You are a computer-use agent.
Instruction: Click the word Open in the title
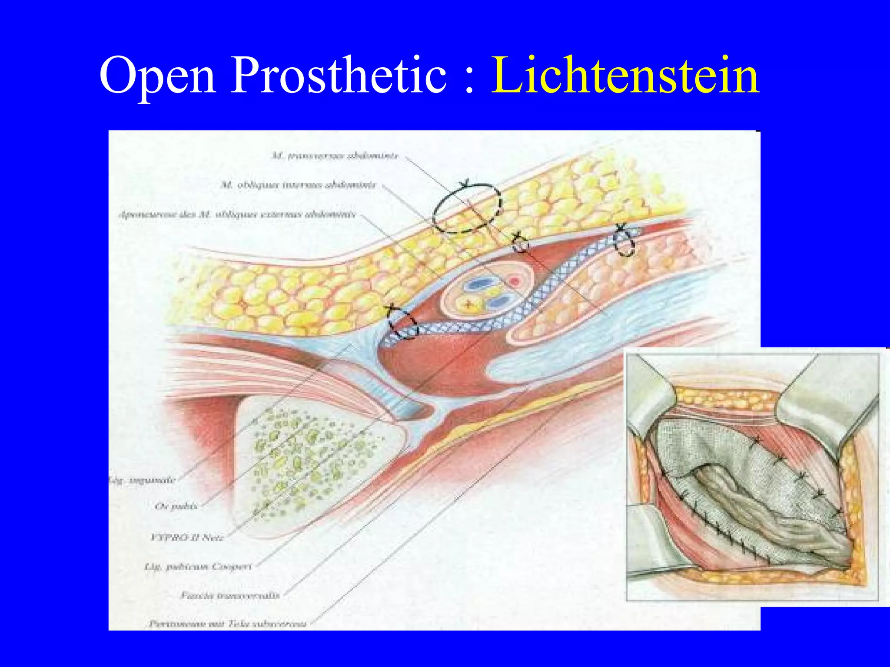click(157, 76)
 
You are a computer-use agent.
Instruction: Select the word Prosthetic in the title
click(339, 76)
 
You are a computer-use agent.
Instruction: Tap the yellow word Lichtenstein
click(625, 76)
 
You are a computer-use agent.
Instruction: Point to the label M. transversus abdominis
click(335, 155)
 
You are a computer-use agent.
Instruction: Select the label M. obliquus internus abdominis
click(299, 185)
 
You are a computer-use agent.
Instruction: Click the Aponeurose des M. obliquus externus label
click(237, 215)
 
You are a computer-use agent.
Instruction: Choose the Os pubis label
click(176, 506)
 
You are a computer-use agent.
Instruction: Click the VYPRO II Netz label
click(187, 538)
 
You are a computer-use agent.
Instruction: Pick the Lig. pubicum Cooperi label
click(198, 567)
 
